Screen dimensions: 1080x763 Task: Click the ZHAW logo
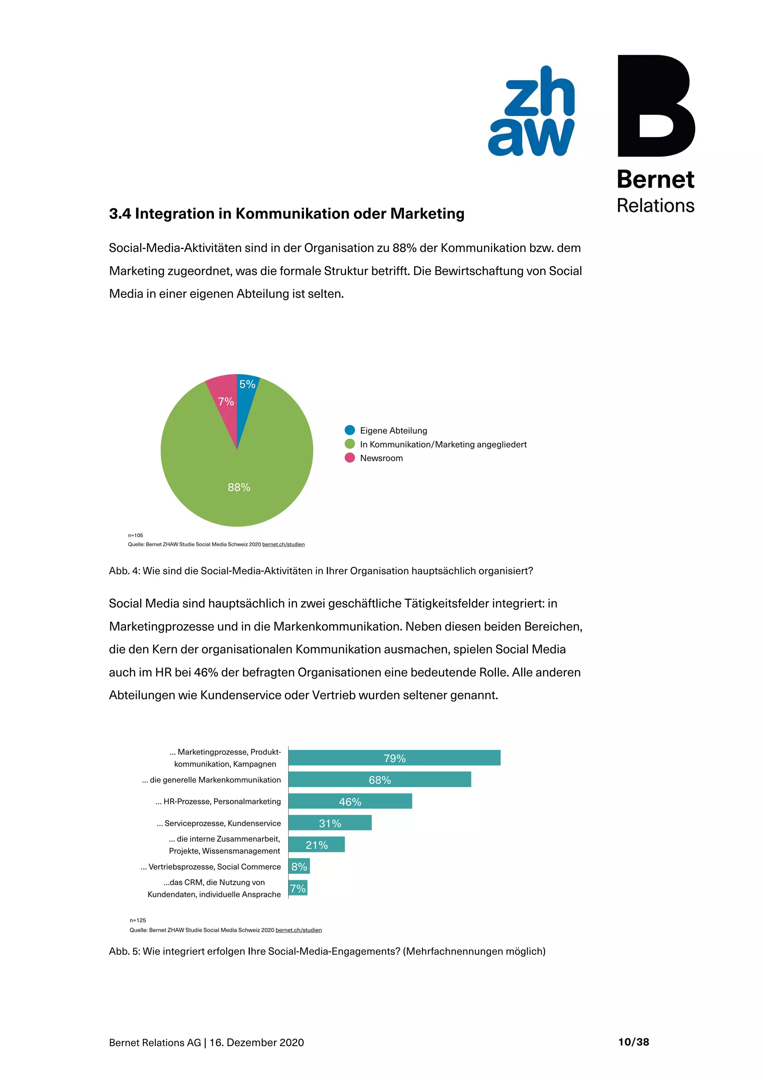(x=532, y=111)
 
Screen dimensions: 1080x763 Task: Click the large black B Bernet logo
(x=655, y=105)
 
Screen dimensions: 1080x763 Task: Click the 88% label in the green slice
(x=239, y=487)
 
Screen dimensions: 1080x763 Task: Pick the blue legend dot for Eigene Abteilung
(x=350, y=430)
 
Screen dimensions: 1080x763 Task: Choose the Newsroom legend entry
(x=381, y=458)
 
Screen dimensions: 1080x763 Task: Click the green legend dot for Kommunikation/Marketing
(x=350, y=444)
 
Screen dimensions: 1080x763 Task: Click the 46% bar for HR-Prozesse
(x=350, y=801)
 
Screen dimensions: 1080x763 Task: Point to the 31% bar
(x=330, y=823)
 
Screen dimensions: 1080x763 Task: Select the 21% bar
(x=316, y=844)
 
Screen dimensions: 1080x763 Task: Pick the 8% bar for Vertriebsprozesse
(x=299, y=866)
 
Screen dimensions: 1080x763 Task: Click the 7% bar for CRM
(x=298, y=888)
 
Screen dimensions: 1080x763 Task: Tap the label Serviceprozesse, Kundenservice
(x=219, y=823)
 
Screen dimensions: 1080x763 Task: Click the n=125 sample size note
(x=138, y=920)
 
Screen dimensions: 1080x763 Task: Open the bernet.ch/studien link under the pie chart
(x=283, y=544)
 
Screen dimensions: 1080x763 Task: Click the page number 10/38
(x=633, y=1042)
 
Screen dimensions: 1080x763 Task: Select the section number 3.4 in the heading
(x=120, y=214)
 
